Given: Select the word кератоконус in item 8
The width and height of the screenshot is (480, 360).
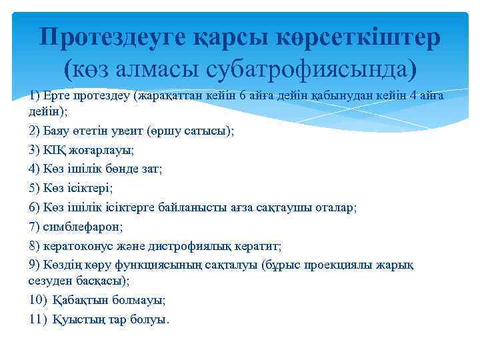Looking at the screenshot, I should tap(79, 247).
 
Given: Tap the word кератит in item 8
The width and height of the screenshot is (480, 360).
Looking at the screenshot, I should tap(261, 247).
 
